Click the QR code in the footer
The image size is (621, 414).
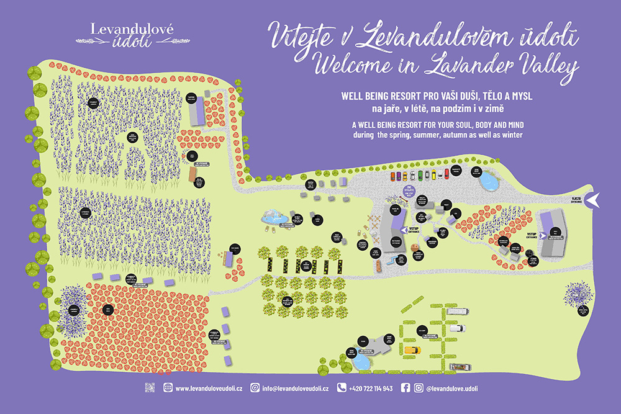(150, 388)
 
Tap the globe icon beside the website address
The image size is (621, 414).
(168, 388)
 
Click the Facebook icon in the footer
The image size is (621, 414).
(406, 388)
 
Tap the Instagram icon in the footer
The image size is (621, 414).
(420, 388)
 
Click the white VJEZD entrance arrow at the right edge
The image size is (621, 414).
(593, 199)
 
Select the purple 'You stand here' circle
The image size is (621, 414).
(409, 189)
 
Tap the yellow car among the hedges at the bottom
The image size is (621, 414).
(412, 349)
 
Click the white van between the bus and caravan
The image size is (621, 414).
(456, 328)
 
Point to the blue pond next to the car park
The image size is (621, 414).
(489, 181)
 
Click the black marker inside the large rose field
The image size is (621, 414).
(107, 308)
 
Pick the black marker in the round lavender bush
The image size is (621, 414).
(74, 309)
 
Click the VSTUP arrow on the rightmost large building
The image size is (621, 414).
(542, 235)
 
